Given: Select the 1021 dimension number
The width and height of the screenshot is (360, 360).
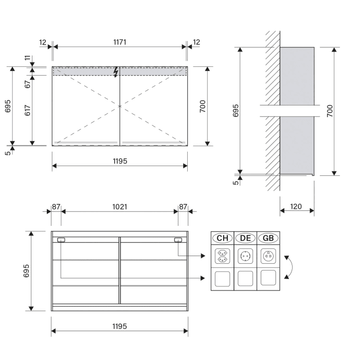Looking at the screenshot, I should (x=120, y=207).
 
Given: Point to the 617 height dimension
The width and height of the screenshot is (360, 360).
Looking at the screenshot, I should (x=28, y=112).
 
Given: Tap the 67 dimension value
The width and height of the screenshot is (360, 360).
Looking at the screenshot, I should (x=28, y=84).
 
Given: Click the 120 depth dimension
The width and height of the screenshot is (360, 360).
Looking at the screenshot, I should (x=296, y=207).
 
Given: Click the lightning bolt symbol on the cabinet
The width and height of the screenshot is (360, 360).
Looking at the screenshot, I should (x=117, y=72).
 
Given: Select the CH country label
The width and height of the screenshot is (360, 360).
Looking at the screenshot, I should (x=222, y=238).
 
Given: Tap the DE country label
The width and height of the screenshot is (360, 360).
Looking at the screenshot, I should (x=245, y=238).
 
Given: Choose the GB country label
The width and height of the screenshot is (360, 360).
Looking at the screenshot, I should (x=268, y=238).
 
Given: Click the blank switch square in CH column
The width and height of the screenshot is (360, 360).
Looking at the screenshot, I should (x=222, y=279).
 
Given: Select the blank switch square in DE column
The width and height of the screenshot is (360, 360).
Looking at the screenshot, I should (x=245, y=279).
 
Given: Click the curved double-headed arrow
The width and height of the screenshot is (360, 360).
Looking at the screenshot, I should (x=291, y=267).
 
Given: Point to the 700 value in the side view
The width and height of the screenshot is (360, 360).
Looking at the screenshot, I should (x=330, y=110).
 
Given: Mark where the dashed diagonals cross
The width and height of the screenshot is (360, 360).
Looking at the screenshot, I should (x=120, y=106).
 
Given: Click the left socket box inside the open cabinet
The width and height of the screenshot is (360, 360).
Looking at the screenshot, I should (x=61, y=240).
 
